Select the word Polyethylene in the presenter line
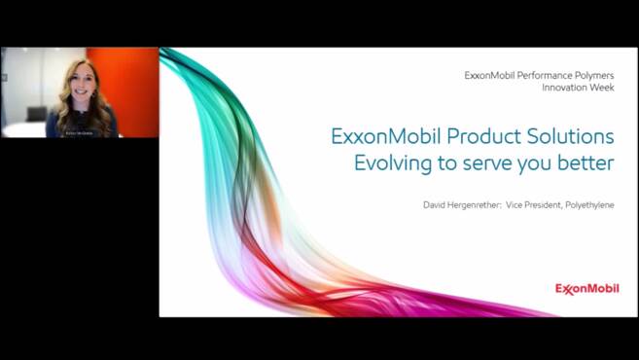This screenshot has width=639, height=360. pyautogui.click(x=587, y=205)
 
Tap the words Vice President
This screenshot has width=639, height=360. pyautogui.click(x=529, y=205)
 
